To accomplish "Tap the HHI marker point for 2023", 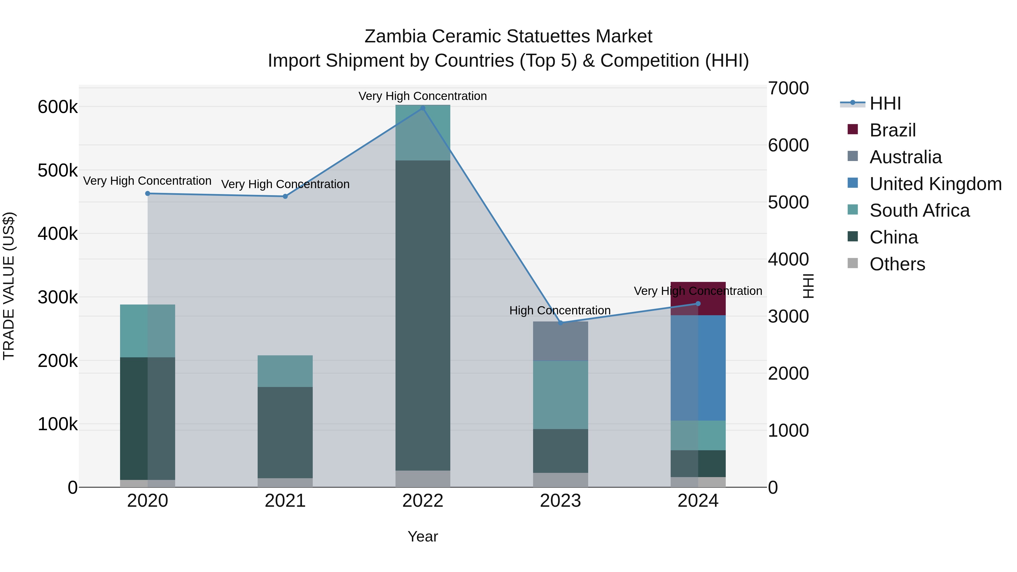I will (560, 323).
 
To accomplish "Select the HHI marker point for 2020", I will (148, 193).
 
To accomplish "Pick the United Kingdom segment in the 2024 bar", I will (698, 367).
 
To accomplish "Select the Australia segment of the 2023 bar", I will (560, 341).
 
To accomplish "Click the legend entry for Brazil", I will (892, 130).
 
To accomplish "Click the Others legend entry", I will (897, 264).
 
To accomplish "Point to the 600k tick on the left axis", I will (58, 107).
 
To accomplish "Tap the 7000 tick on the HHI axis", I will (788, 88).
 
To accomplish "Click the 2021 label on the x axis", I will (285, 501).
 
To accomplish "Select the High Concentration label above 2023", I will (560, 310).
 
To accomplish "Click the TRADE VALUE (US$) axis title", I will (9, 286).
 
